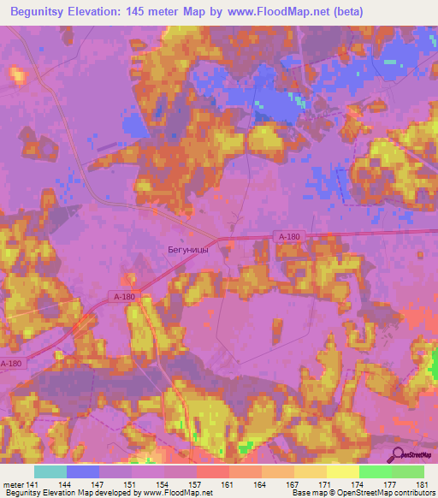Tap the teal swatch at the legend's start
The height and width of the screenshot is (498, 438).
tap(50, 471)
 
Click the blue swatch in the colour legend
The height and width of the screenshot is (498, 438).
tap(83, 471)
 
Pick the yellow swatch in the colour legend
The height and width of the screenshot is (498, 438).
tap(343, 471)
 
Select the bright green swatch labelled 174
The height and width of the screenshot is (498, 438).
tap(376, 471)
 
